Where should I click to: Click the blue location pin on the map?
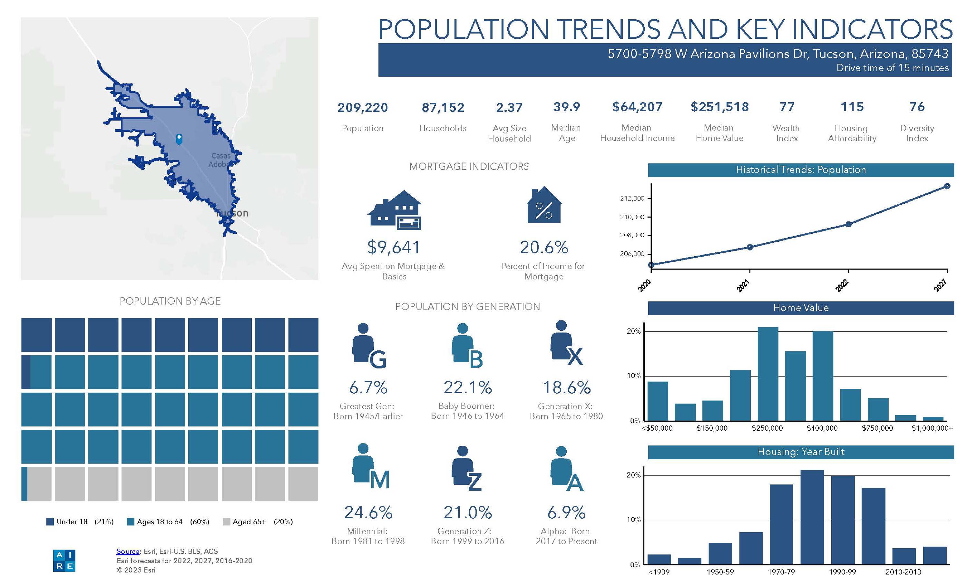[179, 139]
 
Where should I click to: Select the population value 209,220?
[362, 108]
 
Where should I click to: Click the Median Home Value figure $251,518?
[719, 107]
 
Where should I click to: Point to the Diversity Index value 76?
[917, 107]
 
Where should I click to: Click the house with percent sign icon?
[543, 206]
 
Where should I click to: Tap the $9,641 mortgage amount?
[394, 248]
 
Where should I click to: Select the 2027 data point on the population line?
[947, 186]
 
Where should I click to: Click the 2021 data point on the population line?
[749, 247]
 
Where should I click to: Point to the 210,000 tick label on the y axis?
[632, 217]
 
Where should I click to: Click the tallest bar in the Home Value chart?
[767, 374]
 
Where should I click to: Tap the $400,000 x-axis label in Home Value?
[822, 428]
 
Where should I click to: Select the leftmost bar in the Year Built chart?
[659, 559]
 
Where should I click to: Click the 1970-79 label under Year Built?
[781, 572]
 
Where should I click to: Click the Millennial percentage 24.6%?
[368, 513]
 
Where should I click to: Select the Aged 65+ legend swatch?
[226, 522]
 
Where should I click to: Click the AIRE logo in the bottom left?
[64, 560]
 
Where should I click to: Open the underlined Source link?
[128, 551]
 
